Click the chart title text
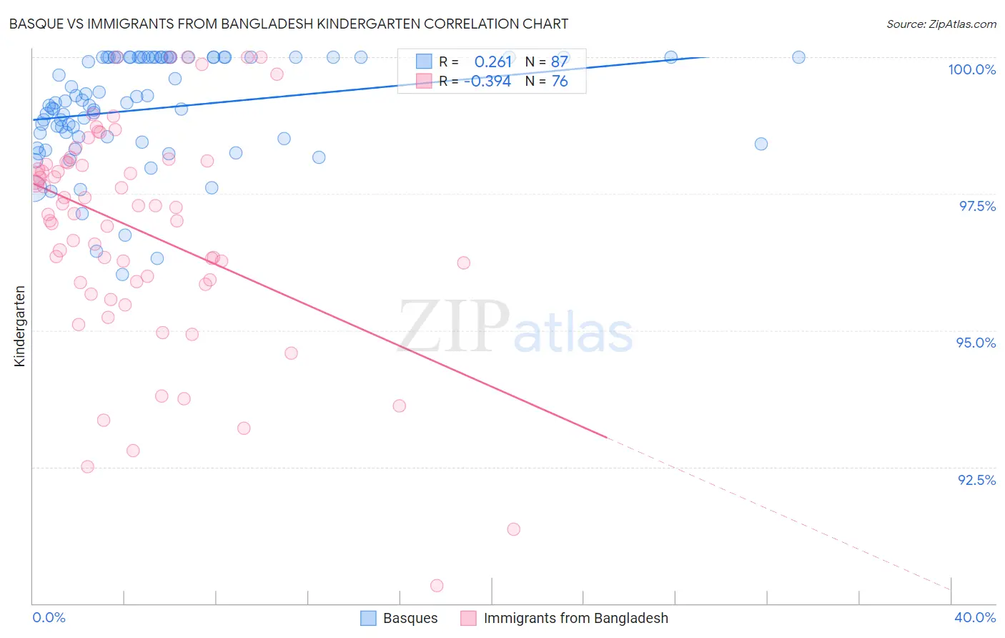(288, 24)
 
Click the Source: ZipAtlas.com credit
(941, 24)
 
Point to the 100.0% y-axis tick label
(971, 69)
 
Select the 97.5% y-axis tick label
(976, 206)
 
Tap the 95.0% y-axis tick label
(976, 343)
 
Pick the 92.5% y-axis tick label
(976, 480)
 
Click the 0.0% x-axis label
(49, 617)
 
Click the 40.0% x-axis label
(975, 617)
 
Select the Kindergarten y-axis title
(19, 326)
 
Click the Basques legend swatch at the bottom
(368, 618)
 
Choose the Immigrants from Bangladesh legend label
(575, 618)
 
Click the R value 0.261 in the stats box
(493, 62)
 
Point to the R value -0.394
(487, 82)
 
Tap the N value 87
(559, 62)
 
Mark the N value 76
(559, 82)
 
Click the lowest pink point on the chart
(437, 586)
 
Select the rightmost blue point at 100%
(798, 57)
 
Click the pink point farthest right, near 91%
(513, 529)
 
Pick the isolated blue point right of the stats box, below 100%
(761, 144)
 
